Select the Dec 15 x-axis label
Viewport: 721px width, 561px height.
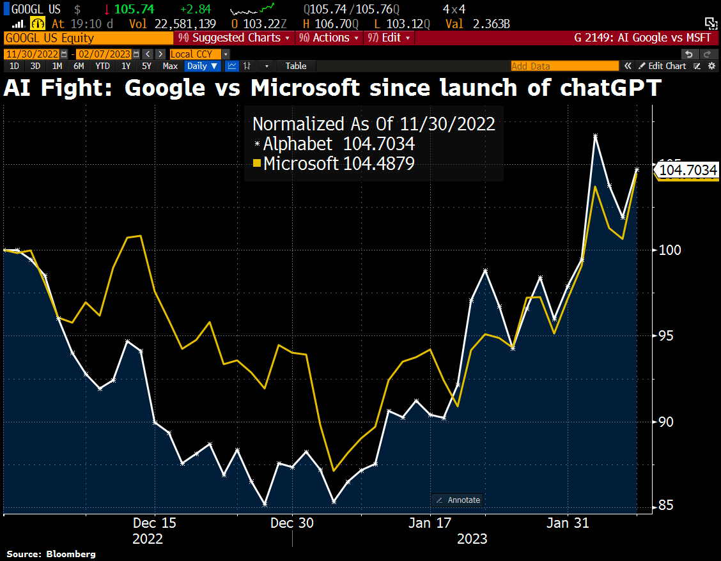coord(155,523)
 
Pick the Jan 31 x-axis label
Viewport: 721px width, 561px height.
coord(568,523)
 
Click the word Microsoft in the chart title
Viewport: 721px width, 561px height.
coord(305,88)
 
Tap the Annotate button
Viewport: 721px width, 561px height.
coord(458,500)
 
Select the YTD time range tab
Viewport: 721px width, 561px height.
coord(102,66)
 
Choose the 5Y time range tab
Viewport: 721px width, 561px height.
coord(146,66)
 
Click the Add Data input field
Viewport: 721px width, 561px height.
coord(564,66)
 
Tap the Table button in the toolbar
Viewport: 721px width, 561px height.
coord(295,66)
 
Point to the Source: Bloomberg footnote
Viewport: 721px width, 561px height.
coord(51,553)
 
